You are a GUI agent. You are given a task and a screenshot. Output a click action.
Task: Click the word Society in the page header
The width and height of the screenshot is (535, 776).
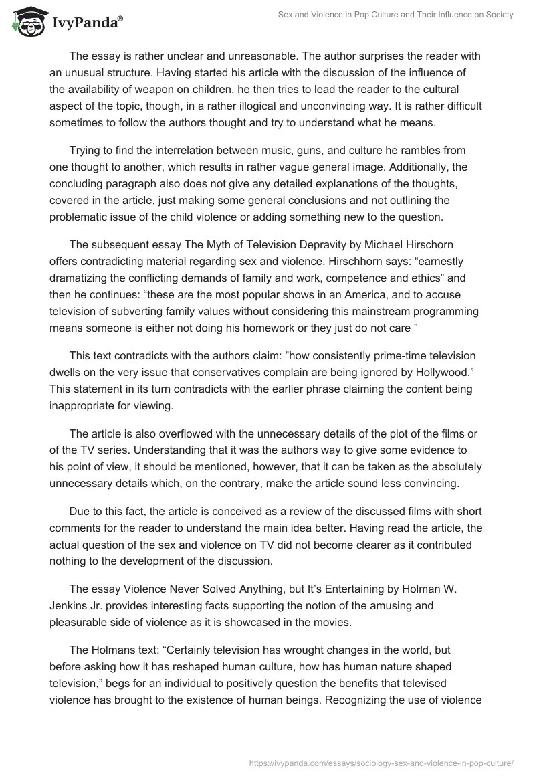click(498, 15)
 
